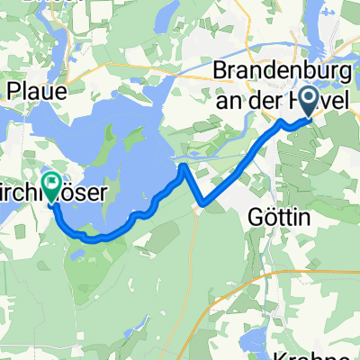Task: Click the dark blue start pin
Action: click(x=310, y=101)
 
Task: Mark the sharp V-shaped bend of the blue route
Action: click(x=206, y=203)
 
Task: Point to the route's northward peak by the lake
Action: click(x=184, y=166)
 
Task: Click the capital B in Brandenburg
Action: click(x=219, y=71)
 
